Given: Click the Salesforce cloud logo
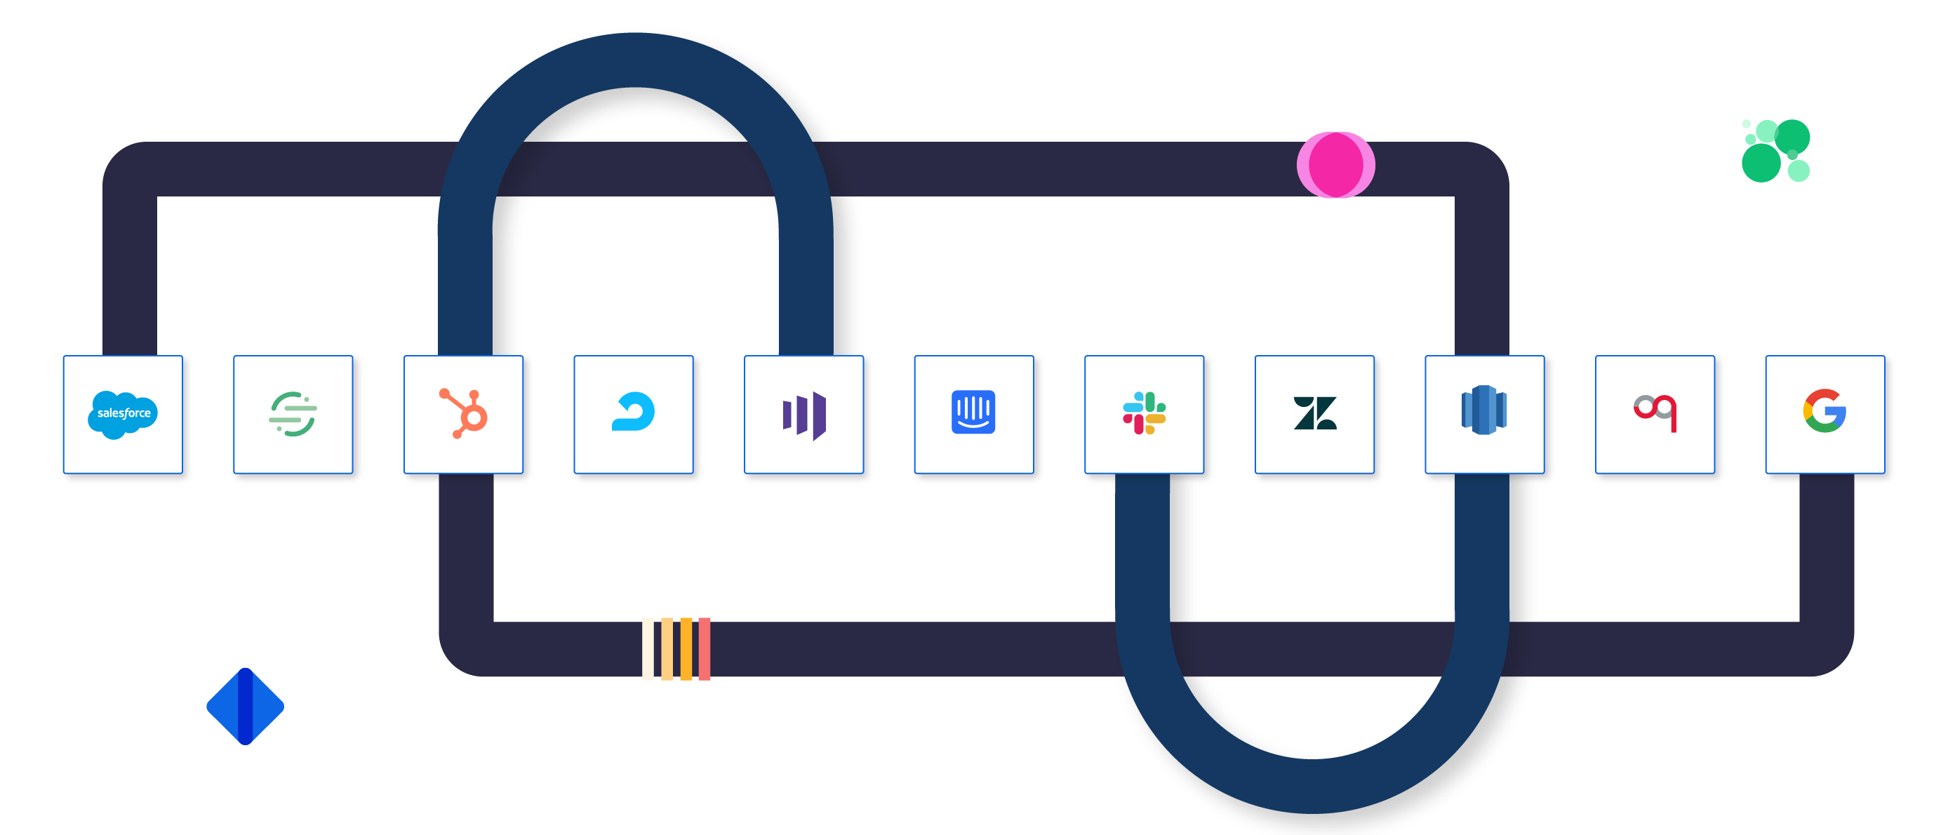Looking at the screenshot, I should point(123,414).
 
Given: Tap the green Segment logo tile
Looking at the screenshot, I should point(293,414).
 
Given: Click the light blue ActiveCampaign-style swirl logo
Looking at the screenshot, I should point(634,412).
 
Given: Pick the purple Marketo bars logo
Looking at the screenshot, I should point(804,415).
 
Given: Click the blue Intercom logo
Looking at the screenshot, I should point(973,412).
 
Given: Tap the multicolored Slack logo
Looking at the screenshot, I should point(1144,413).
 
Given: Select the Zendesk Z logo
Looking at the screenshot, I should point(1315,413).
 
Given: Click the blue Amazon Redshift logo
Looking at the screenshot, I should point(1483,410).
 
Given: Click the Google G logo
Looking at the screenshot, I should point(1824,410).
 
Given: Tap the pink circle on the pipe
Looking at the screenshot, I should point(1335,165).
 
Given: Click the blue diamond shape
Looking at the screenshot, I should point(245,706).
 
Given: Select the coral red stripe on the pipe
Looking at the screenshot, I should point(704,649).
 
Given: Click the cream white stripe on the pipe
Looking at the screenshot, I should point(648,649).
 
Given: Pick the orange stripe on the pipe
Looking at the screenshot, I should point(686,649).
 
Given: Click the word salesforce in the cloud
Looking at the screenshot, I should point(124,413).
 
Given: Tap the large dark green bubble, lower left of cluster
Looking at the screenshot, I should point(1761,163).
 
